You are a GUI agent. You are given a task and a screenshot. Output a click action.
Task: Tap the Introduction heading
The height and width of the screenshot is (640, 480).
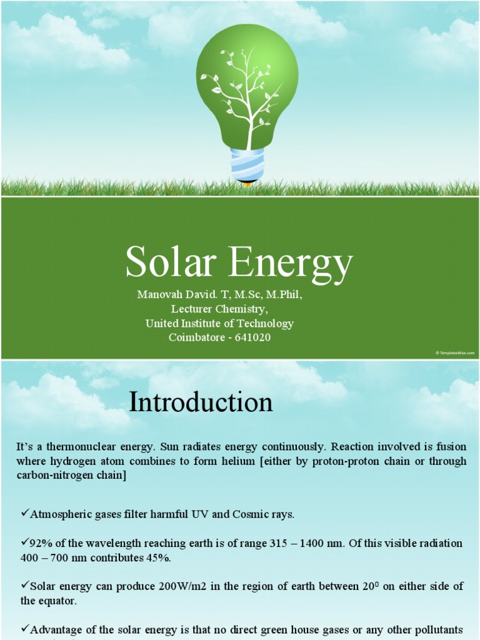coord(201,402)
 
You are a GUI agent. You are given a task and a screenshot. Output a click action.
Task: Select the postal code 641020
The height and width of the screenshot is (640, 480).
coord(253,337)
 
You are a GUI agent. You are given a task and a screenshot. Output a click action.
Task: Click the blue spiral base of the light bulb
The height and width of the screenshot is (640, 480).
coord(247,164)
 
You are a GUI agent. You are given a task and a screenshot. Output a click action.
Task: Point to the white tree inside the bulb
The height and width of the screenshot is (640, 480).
coord(247,94)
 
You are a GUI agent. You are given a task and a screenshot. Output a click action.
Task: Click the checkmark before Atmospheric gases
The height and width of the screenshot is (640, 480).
coord(24,513)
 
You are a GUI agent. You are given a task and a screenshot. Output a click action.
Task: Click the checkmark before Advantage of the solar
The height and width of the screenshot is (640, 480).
coord(24,628)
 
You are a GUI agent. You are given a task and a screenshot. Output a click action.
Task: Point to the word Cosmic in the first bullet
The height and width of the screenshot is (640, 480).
coord(251,514)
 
